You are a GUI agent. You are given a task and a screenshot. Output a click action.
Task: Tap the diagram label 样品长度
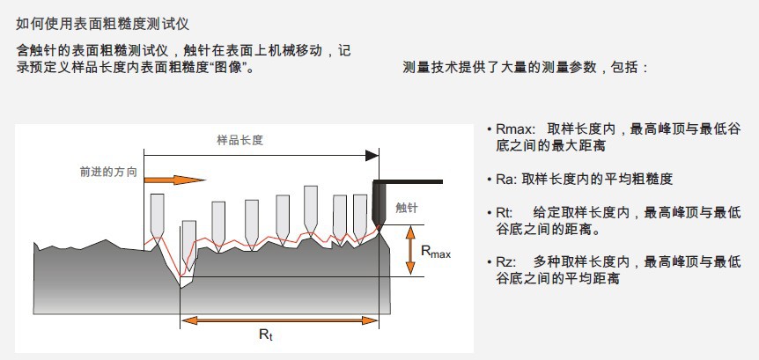[x=240, y=140]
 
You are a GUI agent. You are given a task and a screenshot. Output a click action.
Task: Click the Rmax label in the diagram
[x=435, y=253]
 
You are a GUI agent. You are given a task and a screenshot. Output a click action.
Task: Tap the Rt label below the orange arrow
[x=265, y=334]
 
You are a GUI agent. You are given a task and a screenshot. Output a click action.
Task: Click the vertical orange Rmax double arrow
[x=409, y=250]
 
